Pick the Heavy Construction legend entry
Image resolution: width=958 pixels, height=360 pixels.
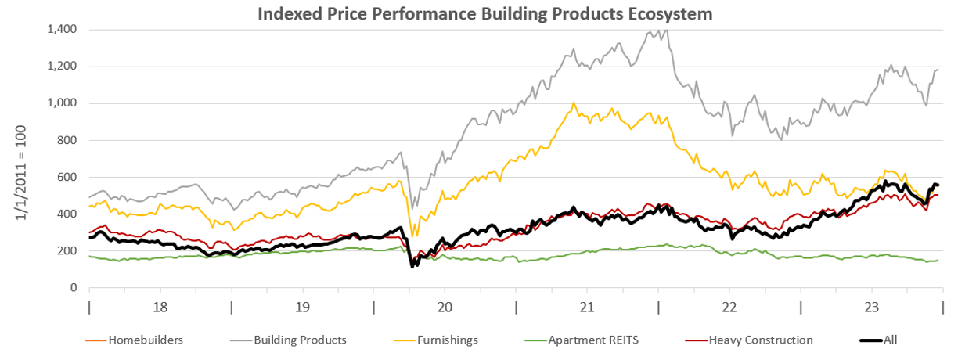(x=760, y=340)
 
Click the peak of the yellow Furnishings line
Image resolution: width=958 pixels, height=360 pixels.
(x=574, y=103)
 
